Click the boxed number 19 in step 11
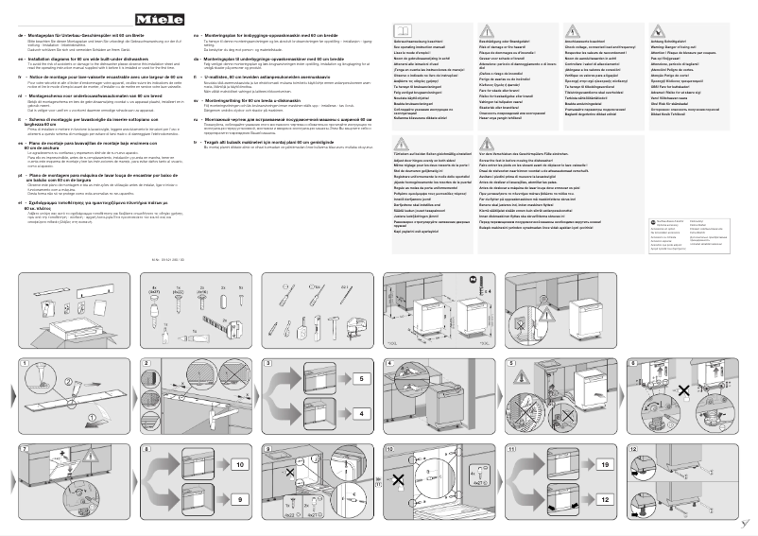click(x=603, y=464)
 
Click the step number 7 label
click(x=23, y=444)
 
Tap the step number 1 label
click(x=23, y=364)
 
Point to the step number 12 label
click(x=631, y=444)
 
